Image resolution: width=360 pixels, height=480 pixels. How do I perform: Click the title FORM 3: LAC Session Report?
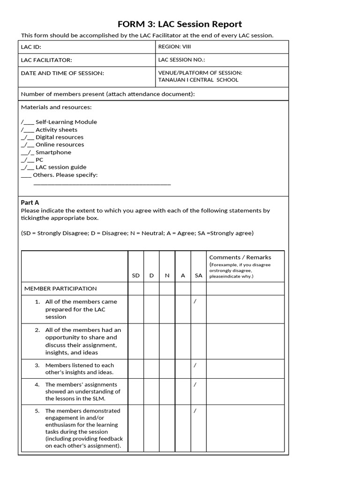(x=180, y=24)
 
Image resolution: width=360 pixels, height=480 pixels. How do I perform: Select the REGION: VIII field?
(x=175, y=47)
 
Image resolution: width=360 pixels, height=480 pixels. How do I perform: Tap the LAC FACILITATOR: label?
(x=46, y=60)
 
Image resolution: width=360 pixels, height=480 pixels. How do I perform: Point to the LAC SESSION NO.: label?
(x=182, y=60)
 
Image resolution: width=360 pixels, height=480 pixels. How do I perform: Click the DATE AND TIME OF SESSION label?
(x=62, y=73)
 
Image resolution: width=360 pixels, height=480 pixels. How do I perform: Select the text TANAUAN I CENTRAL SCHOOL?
(x=198, y=80)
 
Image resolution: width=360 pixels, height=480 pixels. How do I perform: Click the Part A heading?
(x=30, y=202)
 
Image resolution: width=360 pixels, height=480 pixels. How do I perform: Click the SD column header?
(x=136, y=276)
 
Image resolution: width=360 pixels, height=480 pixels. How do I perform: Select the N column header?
(x=167, y=276)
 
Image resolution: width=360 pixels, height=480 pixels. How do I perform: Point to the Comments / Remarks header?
(x=240, y=257)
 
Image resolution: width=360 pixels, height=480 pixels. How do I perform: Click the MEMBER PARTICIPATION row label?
(x=60, y=289)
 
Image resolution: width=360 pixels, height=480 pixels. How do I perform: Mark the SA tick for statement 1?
(x=195, y=301)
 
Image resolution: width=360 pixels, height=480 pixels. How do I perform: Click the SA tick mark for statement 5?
(x=195, y=411)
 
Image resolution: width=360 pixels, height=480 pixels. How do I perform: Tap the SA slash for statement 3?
(x=195, y=365)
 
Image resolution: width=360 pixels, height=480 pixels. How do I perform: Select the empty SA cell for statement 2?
(x=198, y=341)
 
